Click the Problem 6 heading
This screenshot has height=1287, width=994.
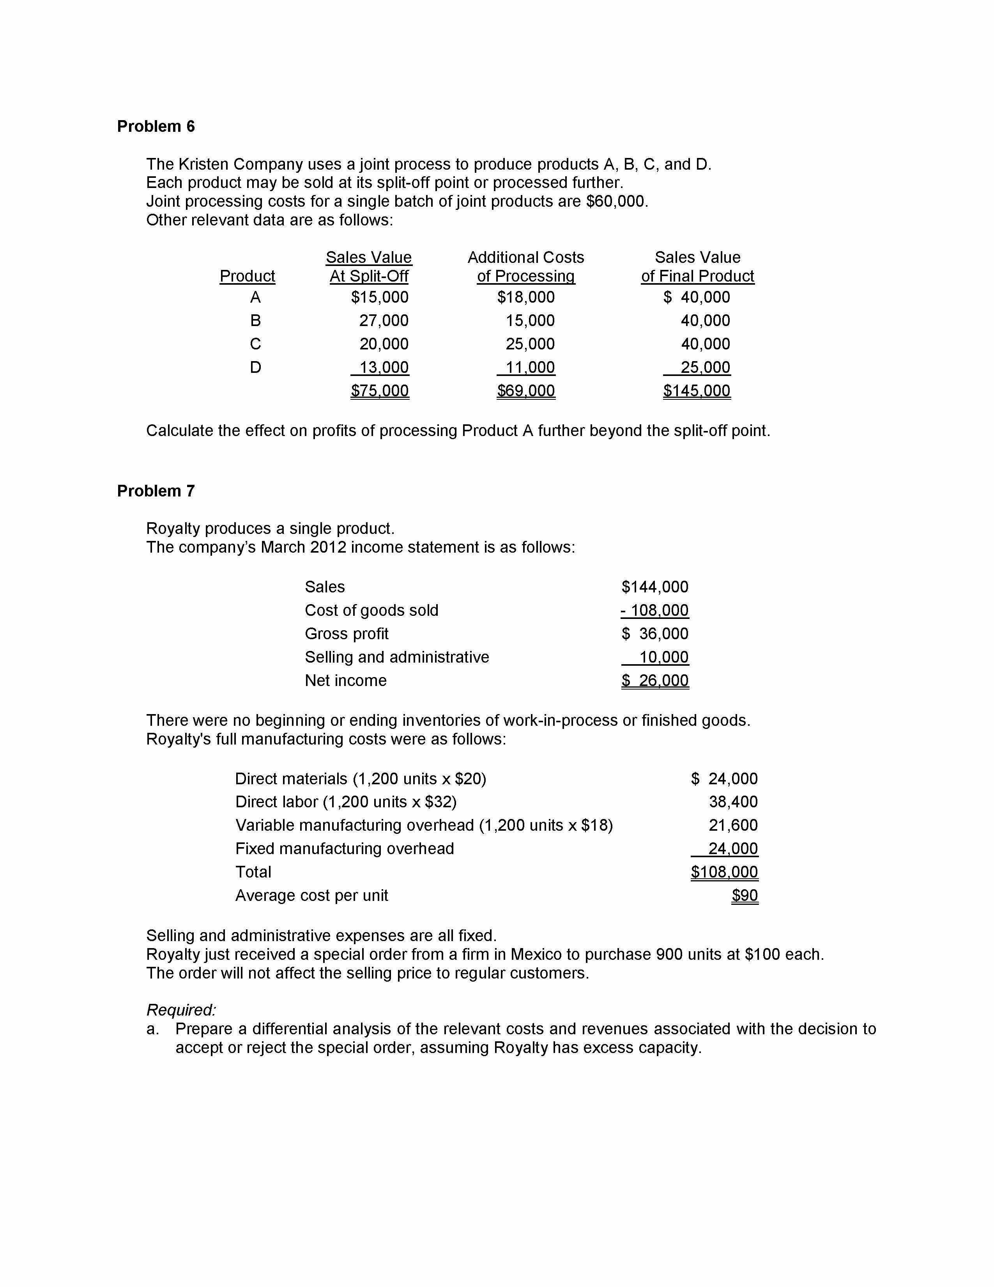click(156, 127)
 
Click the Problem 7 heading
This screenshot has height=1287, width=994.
click(156, 491)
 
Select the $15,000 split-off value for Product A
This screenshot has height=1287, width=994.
click(379, 297)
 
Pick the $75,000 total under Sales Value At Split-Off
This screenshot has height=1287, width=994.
click(379, 391)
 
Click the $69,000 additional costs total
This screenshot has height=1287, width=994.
click(525, 391)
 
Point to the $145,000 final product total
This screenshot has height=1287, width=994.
click(697, 391)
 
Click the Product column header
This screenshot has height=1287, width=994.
click(247, 277)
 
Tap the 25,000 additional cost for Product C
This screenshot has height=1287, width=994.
click(530, 344)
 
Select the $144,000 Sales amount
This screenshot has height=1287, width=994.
click(655, 587)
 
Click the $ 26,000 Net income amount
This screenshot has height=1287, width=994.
click(655, 681)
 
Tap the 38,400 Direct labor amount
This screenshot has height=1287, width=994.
click(733, 802)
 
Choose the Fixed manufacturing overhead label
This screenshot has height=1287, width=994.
click(345, 849)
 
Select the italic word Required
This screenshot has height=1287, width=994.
click(181, 1010)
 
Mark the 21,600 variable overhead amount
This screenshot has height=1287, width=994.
click(733, 826)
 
